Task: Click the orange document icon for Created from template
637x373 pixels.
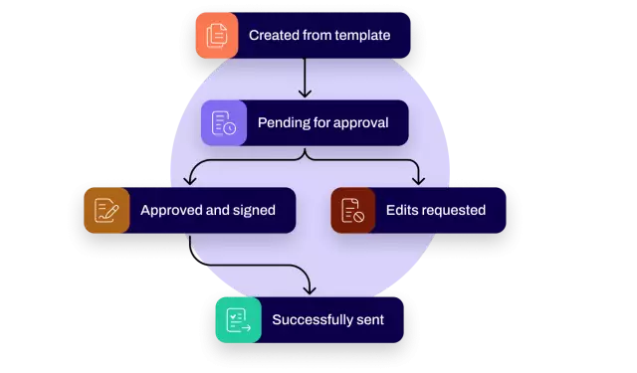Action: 217,35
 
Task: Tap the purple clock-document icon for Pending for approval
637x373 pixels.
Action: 223,123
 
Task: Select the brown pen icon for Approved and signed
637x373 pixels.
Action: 105,210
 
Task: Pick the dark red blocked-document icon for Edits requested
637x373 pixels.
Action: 352,210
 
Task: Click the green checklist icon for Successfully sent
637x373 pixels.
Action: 237,320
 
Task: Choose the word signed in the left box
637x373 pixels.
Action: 253,210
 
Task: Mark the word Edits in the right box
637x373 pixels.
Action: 405,210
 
